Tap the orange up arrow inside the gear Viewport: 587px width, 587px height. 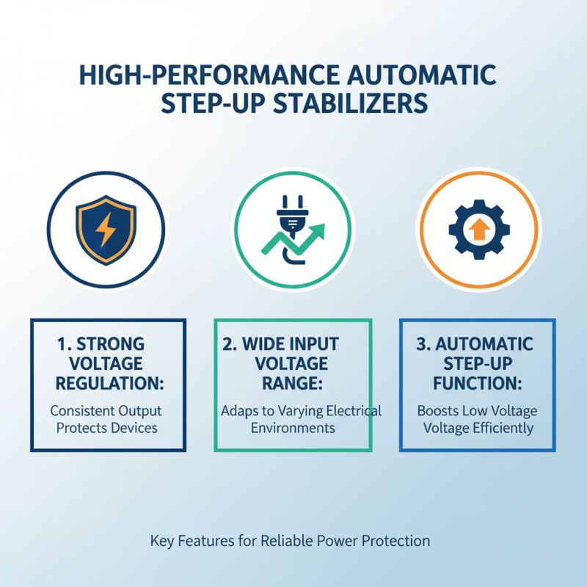coord(478,230)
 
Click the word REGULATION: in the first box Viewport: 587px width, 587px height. coord(109,384)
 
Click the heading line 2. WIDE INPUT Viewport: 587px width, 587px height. coord(292,344)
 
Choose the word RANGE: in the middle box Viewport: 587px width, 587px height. coord(293,384)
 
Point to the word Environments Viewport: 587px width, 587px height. coord(293,428)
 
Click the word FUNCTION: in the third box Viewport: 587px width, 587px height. coord(478,384)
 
